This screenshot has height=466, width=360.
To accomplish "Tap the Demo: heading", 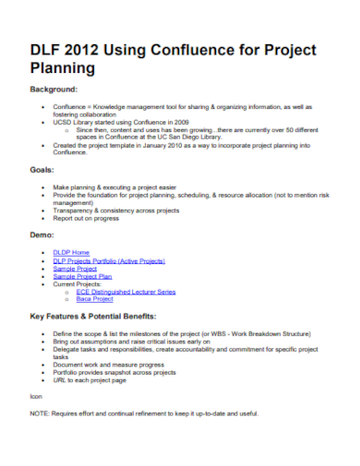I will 42,236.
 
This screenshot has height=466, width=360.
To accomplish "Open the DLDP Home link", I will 71,252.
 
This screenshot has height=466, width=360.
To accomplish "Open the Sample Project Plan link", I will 83,276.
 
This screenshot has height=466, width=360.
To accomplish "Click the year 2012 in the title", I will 90,49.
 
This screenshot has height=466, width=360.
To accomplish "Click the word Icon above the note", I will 36,396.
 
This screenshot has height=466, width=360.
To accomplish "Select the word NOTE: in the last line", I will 40,412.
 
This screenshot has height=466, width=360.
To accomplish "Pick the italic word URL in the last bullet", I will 60,379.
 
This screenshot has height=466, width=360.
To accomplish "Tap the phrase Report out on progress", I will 88,219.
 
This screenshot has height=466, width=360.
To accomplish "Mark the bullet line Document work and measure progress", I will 108,364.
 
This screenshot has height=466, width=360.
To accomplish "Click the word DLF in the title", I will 47,49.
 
